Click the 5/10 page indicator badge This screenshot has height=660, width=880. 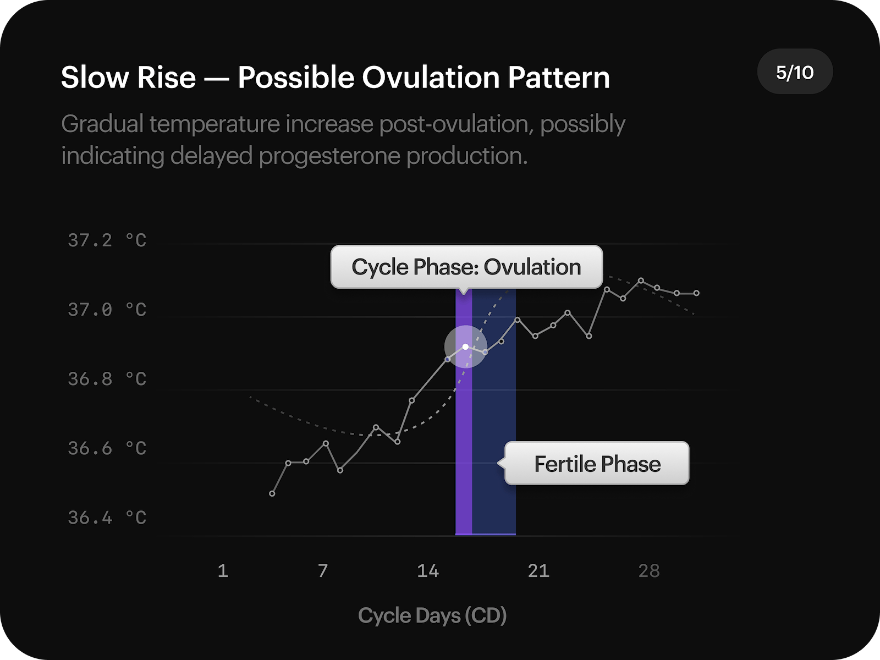[x=795, y=72]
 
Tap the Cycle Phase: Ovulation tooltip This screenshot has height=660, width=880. [x=466, y=267]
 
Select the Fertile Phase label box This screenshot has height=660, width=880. [x=597, y=464]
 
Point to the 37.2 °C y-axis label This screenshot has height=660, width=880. [x=107, y=240]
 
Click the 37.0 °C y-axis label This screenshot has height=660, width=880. [x=107, y=310]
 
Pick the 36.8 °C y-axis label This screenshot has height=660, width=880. [x=107, y=379]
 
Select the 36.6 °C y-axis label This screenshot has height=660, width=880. [x=107, y=448]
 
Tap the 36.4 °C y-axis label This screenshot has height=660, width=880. [x=107, y=518]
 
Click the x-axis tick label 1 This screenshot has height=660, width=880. [x=223, y=571]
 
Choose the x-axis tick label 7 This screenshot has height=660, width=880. [x=323, y=571]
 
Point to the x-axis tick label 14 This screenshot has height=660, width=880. [x=428, y=571]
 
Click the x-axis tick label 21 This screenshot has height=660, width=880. [x=538, y=571]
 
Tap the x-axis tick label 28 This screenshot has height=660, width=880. [x=649, y=571]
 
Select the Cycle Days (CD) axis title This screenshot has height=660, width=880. [x=432, y=615]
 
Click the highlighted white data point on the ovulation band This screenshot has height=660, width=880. [x=466, y=346]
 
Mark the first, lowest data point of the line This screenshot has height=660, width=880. [x=272, y=494]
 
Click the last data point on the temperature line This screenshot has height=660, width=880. [x=697, y=293]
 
